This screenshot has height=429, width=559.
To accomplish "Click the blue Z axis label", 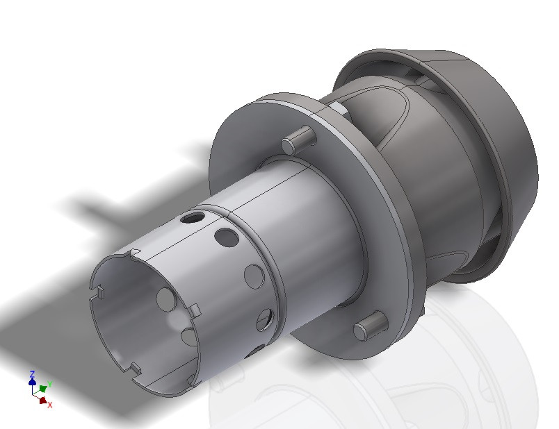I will (32, 373).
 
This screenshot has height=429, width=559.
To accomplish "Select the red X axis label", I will (49, 405).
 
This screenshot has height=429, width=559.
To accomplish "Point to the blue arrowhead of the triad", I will (32, 381).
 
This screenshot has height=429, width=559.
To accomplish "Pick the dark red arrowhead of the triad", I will (42, 400).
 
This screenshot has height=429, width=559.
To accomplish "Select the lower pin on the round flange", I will (368, 326).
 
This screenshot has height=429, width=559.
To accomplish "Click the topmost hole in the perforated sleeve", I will (190, 217).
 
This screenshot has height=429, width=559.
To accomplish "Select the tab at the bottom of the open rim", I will (134, 367).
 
